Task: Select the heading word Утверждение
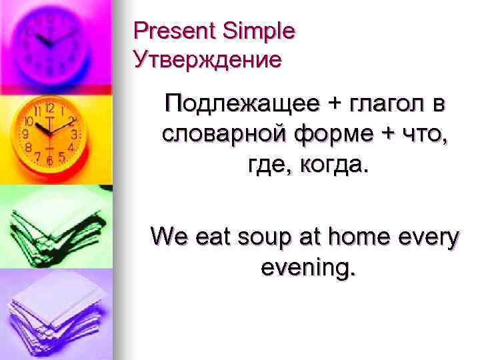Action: coord(207,61)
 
